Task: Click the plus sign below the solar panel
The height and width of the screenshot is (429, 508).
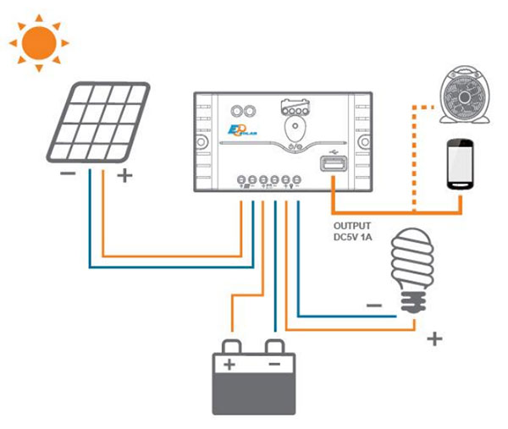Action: pos(124,176)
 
